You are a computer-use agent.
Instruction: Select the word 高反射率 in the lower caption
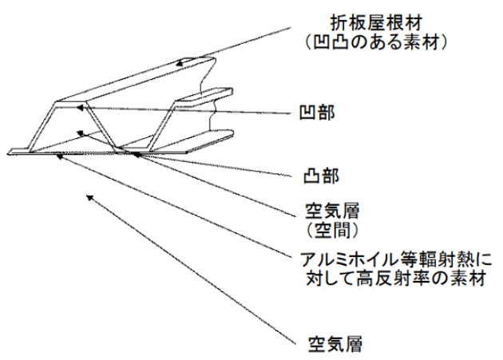tap(369, 279)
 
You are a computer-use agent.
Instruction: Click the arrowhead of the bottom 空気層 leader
tap(89, 196)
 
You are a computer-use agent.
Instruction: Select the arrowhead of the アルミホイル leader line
tap(61, 156)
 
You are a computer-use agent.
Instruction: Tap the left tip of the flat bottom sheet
tap(10, 152)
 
